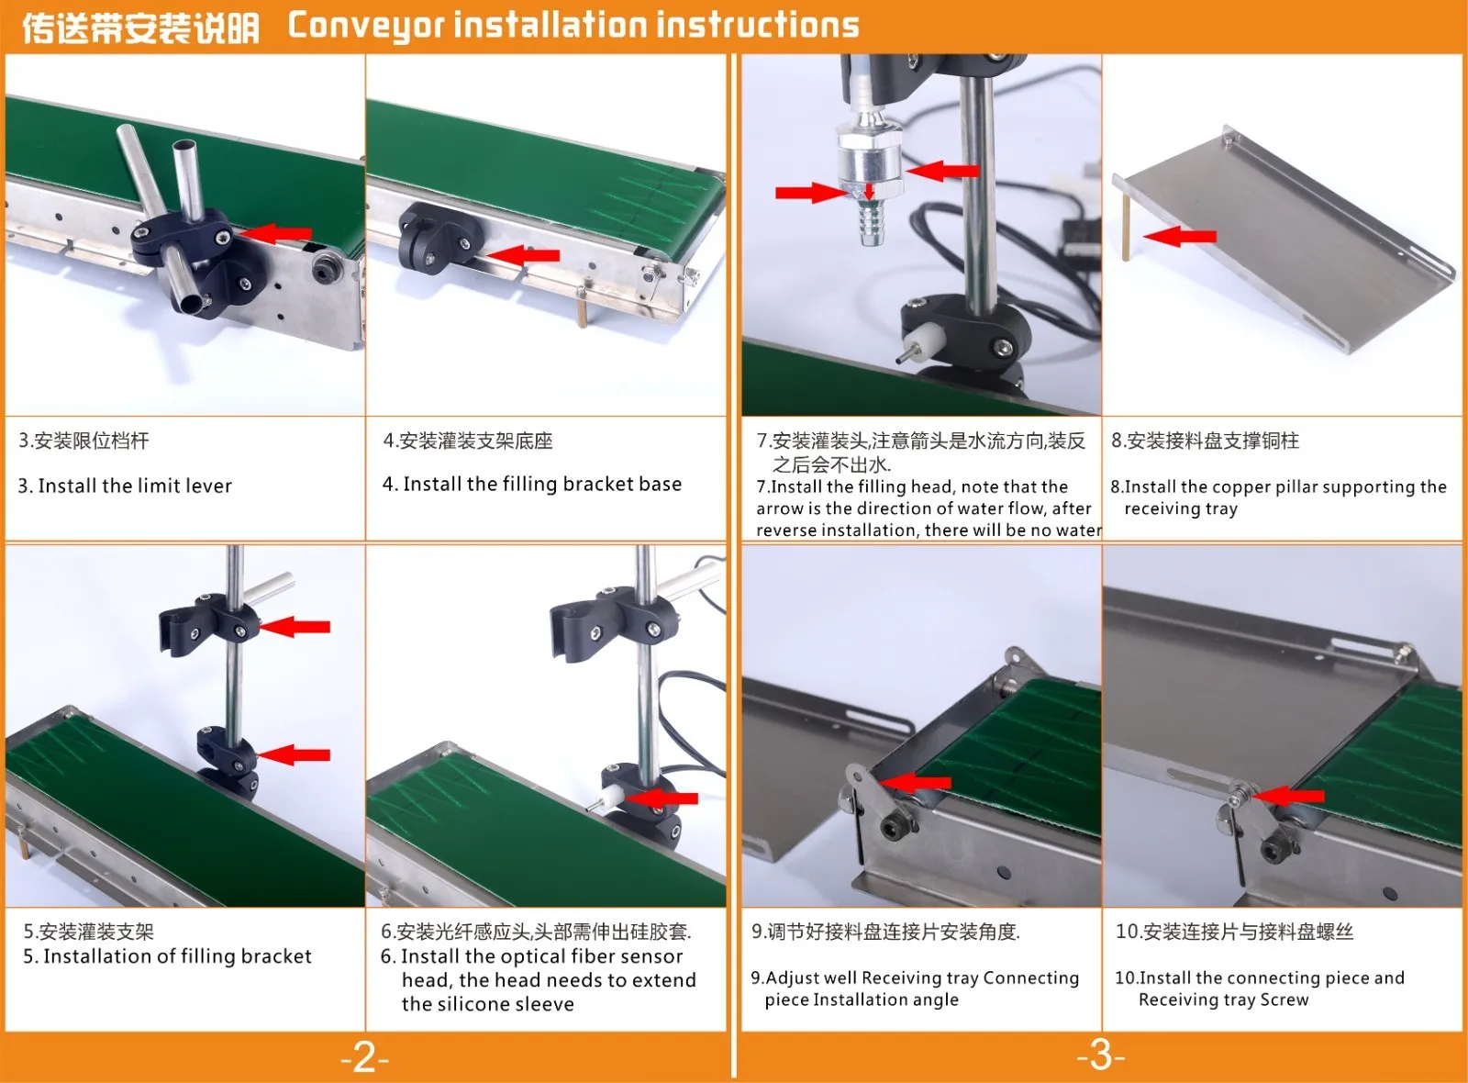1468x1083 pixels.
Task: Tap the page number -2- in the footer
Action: [x=365, y=1056]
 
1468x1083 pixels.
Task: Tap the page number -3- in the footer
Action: [x=1100, y=1055]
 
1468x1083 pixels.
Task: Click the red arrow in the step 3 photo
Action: [x=274, y=233]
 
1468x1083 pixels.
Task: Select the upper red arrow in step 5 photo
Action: [x=295, y=627]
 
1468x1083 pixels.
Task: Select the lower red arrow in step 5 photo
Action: [x=295, y=755]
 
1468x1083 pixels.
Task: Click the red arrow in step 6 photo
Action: [x=662, y=798]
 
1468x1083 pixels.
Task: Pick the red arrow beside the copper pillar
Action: [x=1180, y=236]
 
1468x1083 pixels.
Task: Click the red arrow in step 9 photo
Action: [x=914, y=782]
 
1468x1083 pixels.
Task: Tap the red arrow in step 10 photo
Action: [x=1288, y=795]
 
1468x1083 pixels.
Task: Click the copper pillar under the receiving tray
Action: [x=1126, y=226]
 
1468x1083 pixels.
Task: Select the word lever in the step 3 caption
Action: [x=210, y=486]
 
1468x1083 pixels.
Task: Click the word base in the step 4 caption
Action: [x=660, y=484]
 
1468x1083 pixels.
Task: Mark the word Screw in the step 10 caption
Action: [x=1284, y=999]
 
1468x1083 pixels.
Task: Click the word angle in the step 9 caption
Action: [x=931, y=999]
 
